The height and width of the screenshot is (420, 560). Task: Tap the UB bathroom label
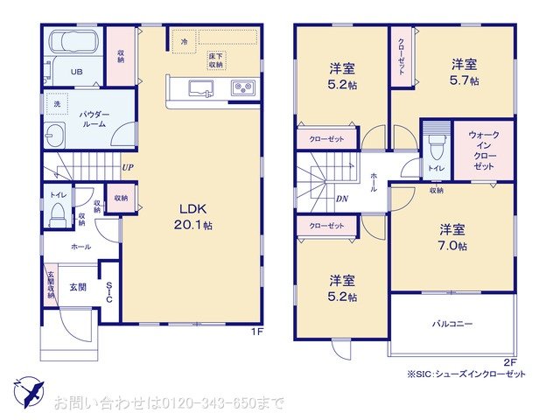(76, 72)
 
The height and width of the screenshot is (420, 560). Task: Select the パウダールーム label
(93, 120)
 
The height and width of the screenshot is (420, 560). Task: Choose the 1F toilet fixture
(58, 213)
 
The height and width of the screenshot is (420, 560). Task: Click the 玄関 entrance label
(78, 286)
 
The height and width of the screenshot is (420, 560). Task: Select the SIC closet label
(109, 292)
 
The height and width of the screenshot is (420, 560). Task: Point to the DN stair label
(341, 198)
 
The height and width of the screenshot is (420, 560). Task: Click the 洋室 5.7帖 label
(464, 73)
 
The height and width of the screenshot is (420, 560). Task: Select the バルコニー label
(451, 324)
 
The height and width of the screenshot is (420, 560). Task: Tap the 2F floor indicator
(510, 361)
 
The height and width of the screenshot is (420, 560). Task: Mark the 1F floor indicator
(258, 332)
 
